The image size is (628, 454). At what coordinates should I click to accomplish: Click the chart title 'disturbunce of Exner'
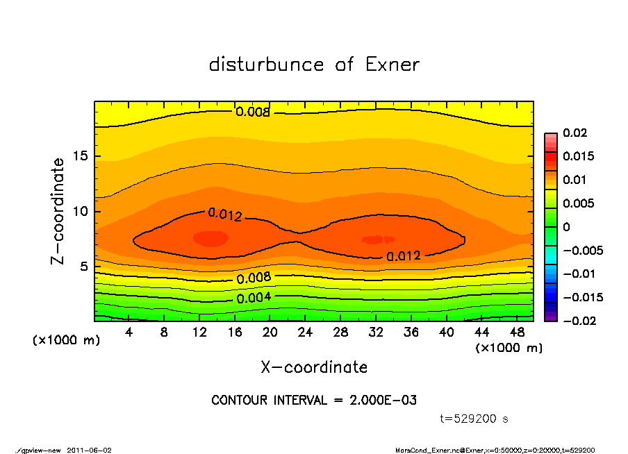(x=314, y=65)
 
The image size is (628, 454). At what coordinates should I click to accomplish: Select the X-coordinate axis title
(x=314, y=367)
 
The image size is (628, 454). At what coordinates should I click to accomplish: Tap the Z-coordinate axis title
(x=58, y=210)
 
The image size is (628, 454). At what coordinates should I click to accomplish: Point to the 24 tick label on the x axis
(x=306, y=333)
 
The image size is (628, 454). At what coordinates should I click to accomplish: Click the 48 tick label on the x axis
(x=517, y=333)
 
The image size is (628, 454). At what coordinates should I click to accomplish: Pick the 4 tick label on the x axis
(x=129, y=333)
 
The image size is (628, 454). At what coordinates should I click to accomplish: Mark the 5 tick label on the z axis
(x=85, y=267)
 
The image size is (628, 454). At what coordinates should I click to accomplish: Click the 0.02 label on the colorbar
(x=575, y=133)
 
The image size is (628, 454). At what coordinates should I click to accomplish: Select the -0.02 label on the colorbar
(x=579, y=321)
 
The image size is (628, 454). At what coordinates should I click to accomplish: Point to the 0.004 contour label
(x=254, y=299)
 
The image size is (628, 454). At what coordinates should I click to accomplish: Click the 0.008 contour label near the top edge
(x=252, y=112)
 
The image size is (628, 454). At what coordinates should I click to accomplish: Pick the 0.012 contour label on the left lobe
(x=224, y=215)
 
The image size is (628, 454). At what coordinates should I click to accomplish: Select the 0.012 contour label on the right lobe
(x=404, y=255)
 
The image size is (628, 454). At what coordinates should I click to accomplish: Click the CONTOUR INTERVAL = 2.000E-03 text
(x=314, y=401)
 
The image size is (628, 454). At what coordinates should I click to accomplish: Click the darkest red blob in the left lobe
(x=210, y=238)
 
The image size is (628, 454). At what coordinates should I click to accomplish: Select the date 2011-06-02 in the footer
(x=90, y=450)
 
